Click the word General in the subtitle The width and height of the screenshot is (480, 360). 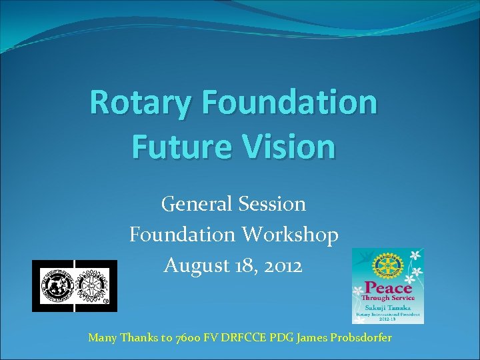click(195, 203)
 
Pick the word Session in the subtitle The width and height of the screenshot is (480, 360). click(271, 203)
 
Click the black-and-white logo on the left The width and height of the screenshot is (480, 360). click(75, 286)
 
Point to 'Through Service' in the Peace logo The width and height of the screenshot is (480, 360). click(388, 299)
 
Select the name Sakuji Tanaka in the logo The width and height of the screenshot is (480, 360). click(388, 309)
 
